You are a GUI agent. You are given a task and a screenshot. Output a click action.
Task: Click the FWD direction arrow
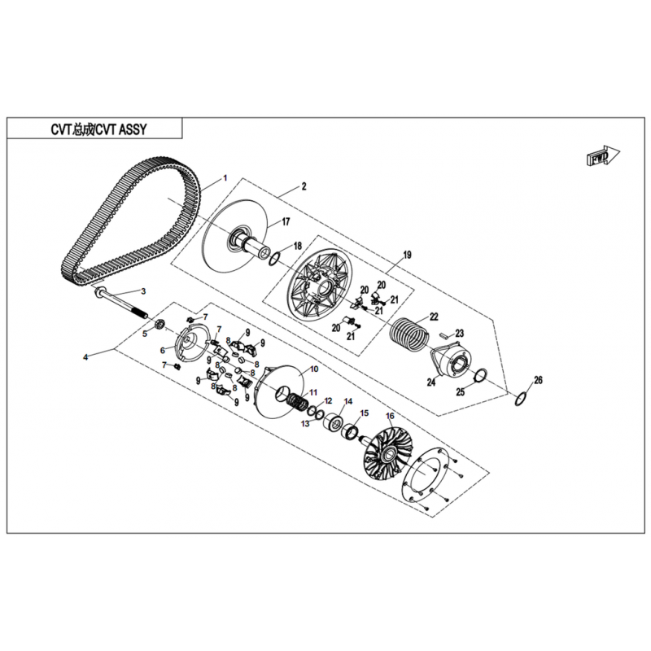coord(602,155)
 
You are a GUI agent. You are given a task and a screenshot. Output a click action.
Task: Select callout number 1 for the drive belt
coord(225,178)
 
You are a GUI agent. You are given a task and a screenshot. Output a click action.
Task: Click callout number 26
coord(538,380)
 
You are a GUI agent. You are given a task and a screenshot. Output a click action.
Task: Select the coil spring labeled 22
coord(410,333)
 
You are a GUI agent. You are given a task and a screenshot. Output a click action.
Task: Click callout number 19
coord(407,255)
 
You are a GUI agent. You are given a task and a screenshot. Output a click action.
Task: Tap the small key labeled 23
coord(446,334)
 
